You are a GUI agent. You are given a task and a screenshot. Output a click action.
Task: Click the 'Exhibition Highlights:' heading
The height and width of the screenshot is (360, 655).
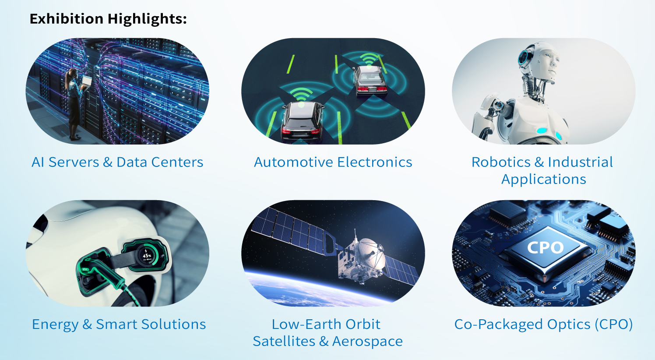coord(108,19)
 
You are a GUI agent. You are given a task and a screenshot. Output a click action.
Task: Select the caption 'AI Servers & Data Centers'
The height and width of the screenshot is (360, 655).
coord(117,162)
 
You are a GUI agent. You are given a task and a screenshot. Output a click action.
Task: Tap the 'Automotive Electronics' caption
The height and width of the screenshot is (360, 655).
coord(333,162)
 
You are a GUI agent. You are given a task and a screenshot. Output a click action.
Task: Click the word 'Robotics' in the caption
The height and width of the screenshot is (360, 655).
coord(501,162)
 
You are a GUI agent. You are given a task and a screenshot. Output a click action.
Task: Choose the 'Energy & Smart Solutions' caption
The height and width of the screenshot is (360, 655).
coord(119,325)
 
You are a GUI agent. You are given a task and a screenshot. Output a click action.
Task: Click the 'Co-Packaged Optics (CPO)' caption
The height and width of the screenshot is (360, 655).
coord(544,325)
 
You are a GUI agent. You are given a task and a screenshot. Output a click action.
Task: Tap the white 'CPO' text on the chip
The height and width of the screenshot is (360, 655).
coord(546,248)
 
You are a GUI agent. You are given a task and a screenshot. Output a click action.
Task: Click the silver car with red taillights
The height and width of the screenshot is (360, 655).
coord(370,81)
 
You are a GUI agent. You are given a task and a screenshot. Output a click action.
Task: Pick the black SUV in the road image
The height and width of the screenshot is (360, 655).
coord(303,122)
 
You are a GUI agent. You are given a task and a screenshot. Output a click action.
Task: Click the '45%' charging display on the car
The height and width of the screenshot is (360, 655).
coord(147,255)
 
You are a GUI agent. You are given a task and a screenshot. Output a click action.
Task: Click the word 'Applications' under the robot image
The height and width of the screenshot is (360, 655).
coord(544,179)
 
